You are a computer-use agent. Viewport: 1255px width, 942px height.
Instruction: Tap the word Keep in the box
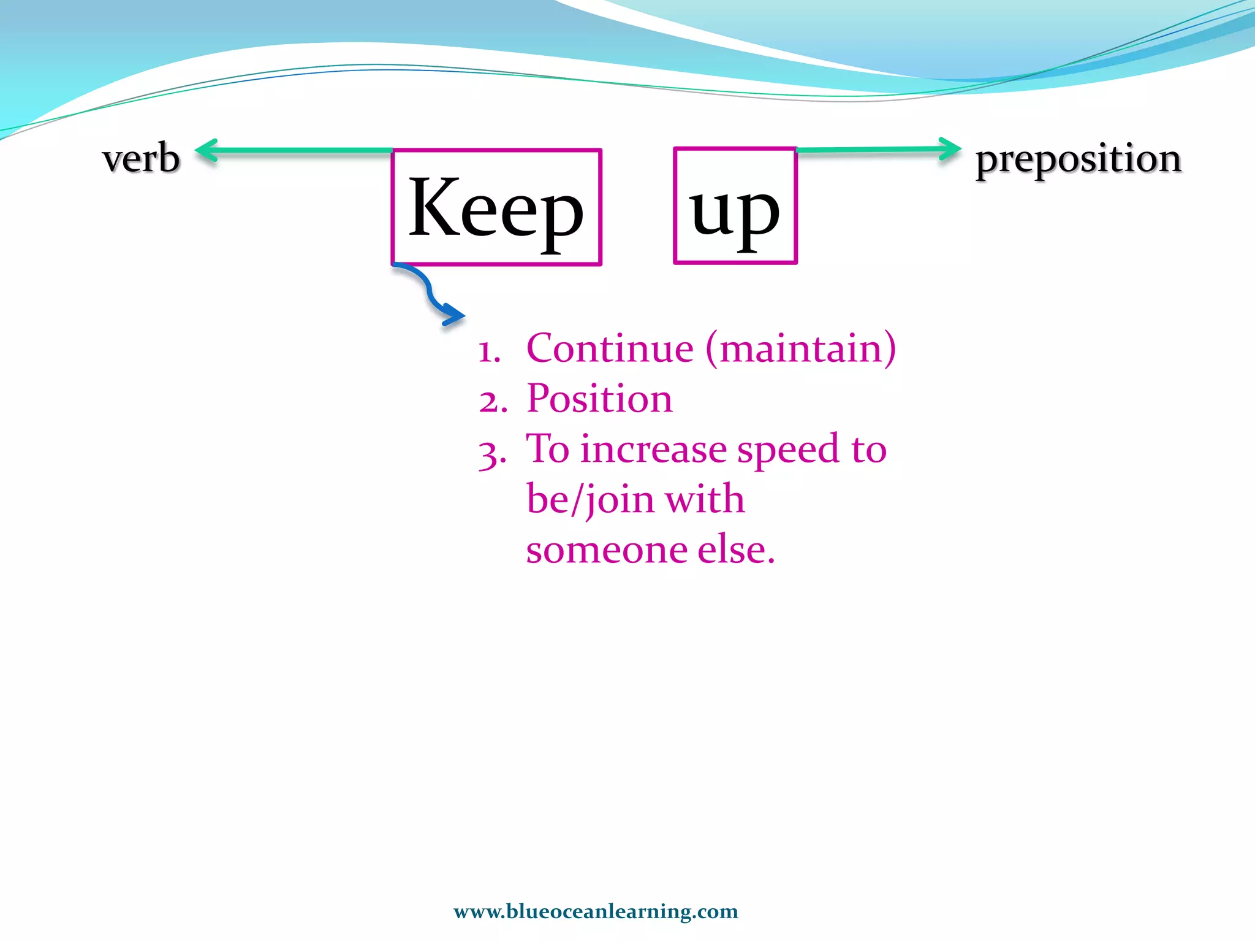click(x=496, y=209)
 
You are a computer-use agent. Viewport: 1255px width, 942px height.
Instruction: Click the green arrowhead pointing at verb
click(x=207, y=150)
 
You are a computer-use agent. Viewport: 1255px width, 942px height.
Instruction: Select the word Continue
click(x=610, y=348)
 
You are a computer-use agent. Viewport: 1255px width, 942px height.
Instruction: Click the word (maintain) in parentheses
click(x=801, y=348)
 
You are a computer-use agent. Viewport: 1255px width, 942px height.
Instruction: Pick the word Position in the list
click(x=599, y=399)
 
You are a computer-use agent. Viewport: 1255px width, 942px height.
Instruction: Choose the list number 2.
click(x=492, y=402)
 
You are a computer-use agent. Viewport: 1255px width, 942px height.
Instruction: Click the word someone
click(x=607, y=549)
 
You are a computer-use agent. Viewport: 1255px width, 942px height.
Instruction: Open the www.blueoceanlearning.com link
click(x=596, y=911)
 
